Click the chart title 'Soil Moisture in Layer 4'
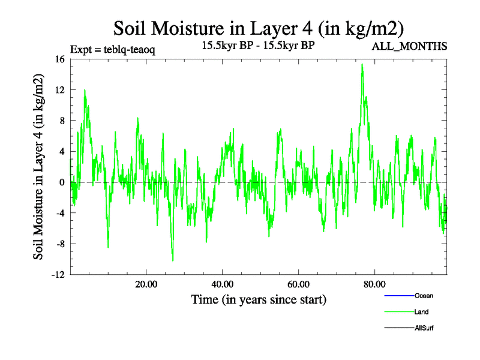[258, 28]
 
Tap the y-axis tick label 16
[59, 59]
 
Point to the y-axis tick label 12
[59, 89]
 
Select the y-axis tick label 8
[62, 121]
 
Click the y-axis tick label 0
[62, 182]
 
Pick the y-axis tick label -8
[59, 244]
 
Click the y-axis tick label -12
[58, 275]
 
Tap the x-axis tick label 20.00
[146, 284]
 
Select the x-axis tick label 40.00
[223, 284]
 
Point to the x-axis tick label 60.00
[298, 284]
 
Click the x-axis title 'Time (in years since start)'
[259, 299]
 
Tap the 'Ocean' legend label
[424, 296]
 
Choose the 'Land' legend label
[421, 311]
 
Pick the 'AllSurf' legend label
[424, 328]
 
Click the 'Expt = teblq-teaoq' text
[112, 50]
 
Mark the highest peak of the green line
[362, 64]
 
